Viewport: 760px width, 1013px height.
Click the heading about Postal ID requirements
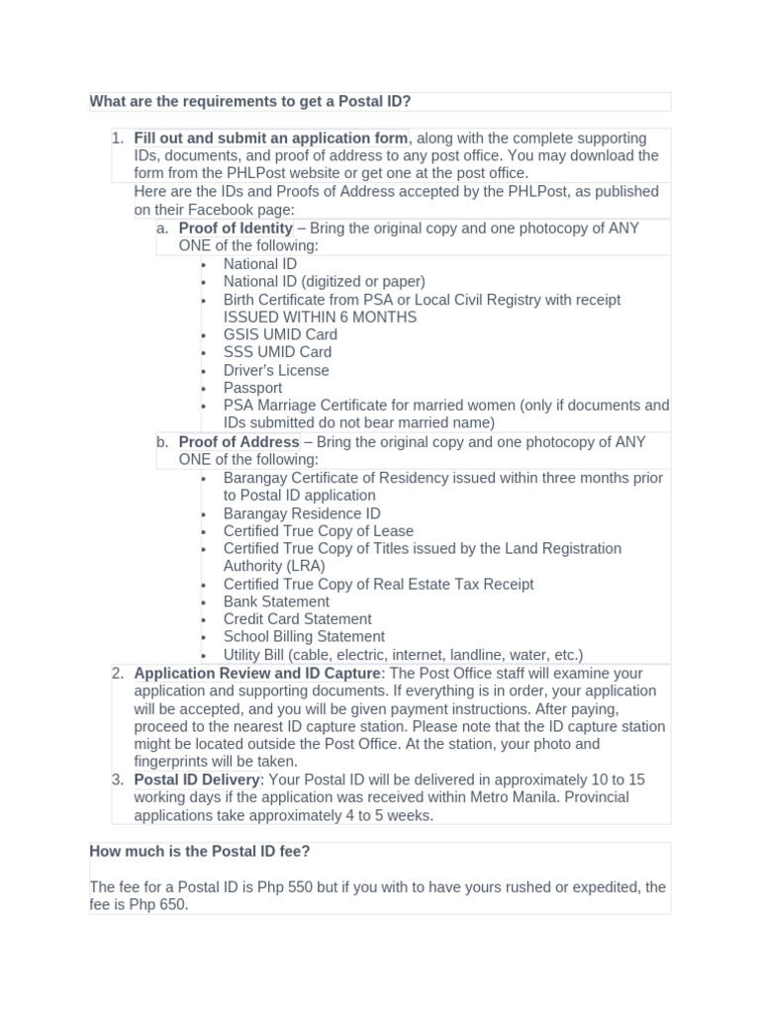click(x=250, y=102)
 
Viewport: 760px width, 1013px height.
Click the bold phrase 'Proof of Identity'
click(x=236, y=229)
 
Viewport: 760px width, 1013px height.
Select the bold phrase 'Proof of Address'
click(x=238, y=442)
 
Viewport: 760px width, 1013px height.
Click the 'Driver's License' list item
click(x=276, y=370)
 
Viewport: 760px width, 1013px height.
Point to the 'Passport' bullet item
click(x=252, y=388)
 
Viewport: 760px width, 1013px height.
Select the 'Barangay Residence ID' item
click(x=302, y=513)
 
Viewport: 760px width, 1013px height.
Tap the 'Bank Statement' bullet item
click(x=276, y=601)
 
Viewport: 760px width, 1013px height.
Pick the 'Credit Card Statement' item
click(x=297, y=619)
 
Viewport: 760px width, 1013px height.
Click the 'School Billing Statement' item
click(x=304, y=637)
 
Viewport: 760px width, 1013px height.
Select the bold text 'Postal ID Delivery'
click(x=197, y=781)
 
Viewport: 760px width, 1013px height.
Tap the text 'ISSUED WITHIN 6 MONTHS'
click(x=320, y=318)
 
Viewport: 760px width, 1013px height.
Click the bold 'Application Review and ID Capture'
click(x=257, y=674)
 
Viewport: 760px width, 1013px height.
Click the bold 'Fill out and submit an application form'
click(x=270, y=138)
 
